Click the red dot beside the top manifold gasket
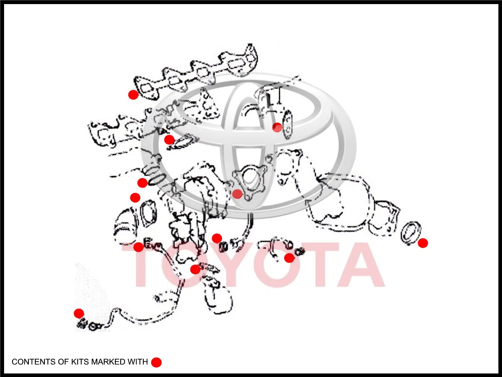click(x=133, y=95)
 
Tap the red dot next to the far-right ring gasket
click(x=423, y=243)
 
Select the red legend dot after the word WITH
click(x=157, y=362)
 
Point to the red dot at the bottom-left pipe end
click(x=79, y=313)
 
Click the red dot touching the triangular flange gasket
click(x=238, y=194)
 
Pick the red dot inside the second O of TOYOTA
click(x=289, y=258)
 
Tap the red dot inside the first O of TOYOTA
click(x=195, y=269)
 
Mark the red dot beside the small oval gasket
click(x=277, y=127)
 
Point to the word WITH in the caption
click(x=138, y=362)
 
